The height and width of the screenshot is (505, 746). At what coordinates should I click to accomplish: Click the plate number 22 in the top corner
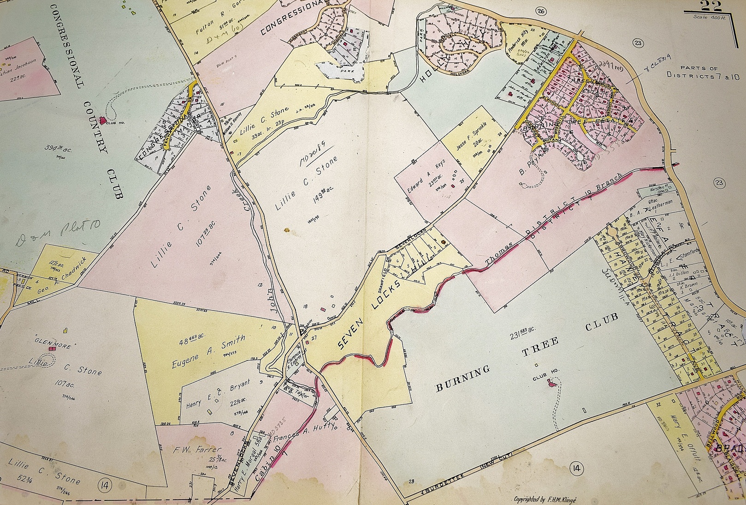tap(710, 6)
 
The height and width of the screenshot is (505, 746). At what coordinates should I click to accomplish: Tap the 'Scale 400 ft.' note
tap(712, 17)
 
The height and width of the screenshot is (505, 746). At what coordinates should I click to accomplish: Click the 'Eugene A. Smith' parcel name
tap(208, 352)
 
